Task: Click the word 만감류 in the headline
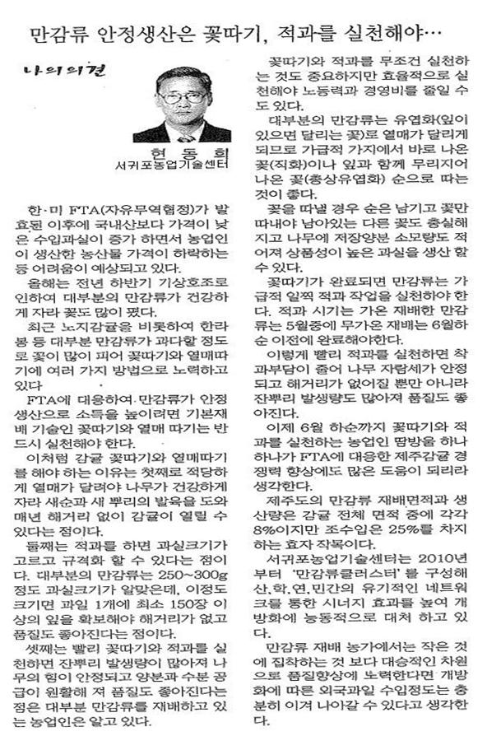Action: [x=53, y=35]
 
